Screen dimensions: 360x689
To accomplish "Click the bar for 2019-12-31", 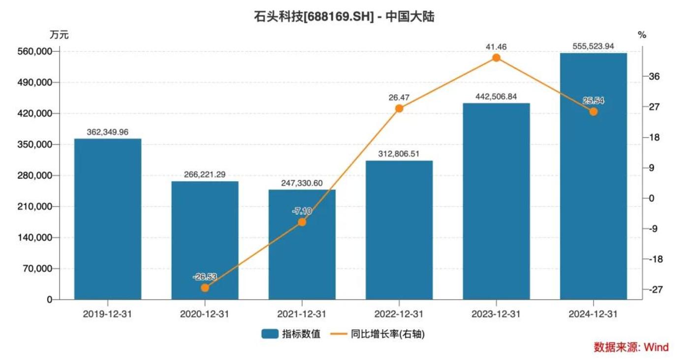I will [108, 219].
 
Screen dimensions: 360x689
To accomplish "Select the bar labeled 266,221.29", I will [205, 240].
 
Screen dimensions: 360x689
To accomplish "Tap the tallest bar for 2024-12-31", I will [594, 176].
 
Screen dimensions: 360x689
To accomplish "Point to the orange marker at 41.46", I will [496, 58].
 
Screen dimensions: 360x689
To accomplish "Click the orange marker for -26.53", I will [205, 288].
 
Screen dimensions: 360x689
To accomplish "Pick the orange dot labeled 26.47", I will [399, 108].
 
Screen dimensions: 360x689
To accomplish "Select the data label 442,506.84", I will [496, 97].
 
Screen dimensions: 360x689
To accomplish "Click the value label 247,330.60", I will [302, 183].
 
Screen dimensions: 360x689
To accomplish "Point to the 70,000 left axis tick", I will [38, 269].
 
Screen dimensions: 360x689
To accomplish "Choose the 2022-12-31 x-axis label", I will [399, 314].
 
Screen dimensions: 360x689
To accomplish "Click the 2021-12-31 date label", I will [302, 314].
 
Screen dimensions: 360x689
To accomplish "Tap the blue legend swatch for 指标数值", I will [270, 334].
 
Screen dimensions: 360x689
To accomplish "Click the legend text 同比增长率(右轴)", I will [388, 334].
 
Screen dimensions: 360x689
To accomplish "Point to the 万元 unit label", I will [59, 35].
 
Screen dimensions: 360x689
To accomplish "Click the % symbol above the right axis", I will [642, 35].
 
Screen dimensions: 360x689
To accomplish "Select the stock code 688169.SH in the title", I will [336, 17].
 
